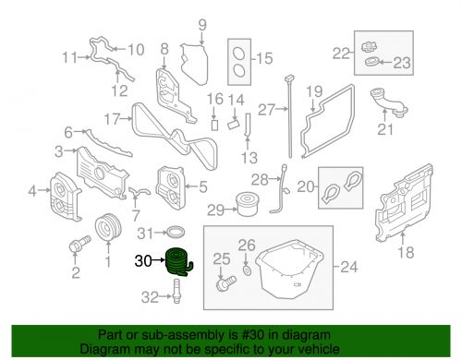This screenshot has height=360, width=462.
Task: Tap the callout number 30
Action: (143, 261)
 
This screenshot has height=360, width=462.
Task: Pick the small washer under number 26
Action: (246, 267)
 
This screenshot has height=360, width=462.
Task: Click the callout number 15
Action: (265, 58)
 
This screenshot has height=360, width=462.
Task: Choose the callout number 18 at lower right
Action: (404, 251)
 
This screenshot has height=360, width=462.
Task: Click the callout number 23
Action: (400, 64)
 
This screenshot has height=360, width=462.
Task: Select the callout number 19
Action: (313, 91)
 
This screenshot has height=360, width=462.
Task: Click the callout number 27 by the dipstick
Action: (266, 110)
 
